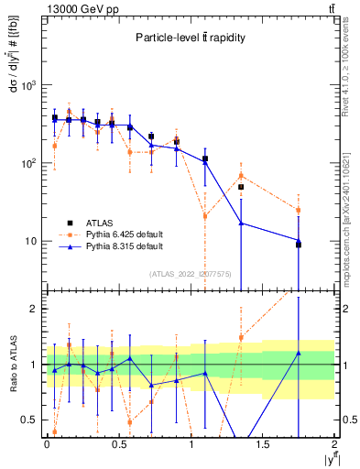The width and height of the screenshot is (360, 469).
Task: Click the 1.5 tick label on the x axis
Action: pyautogui.click(x=263, y=445)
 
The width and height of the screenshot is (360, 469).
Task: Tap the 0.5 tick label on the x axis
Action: pyautogui.click(x=119, y=445)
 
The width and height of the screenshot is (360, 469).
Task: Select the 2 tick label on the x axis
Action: pyautogui.click(x=335, y=445)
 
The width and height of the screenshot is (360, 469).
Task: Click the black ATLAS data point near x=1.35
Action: pyautogui.click(x=241, y=187)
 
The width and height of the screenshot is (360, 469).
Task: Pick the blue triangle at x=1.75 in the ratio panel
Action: pyautogui.click(x=299, y=353)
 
